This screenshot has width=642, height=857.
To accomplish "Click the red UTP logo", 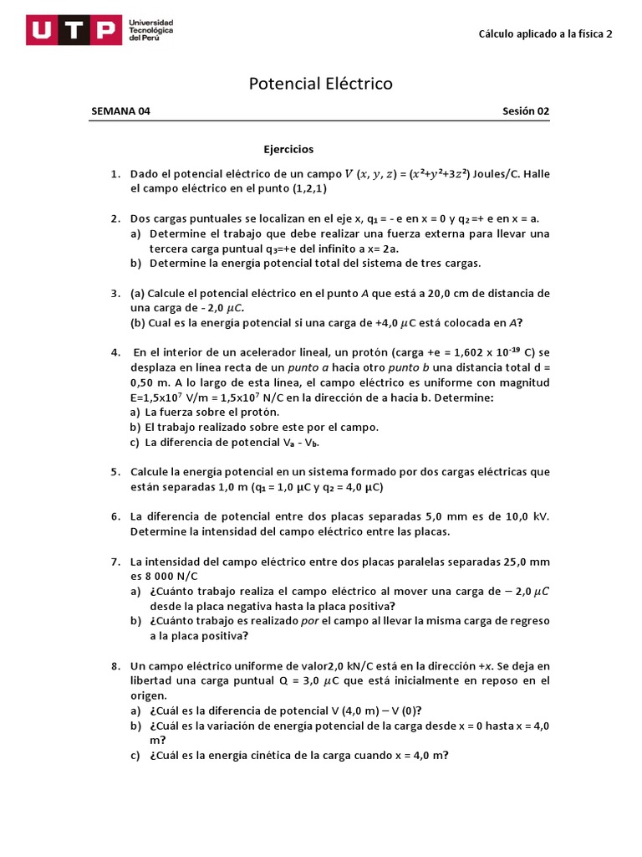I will [73, 31].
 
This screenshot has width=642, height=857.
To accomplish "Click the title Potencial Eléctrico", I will [321, 84].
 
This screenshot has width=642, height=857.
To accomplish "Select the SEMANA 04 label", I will [120, 111].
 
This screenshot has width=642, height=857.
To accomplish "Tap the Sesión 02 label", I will [526, 111].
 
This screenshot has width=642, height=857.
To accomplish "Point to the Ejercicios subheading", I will [288, 149].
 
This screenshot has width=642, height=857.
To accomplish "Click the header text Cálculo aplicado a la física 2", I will [545, 34].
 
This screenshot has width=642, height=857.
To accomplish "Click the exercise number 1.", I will [114, 174].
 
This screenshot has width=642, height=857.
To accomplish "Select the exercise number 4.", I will [114, 352].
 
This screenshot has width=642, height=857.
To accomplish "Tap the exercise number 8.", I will [114, 666].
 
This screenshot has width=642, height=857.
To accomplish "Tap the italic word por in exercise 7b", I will [310, 621].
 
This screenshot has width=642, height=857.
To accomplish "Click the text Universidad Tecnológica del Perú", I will [151, 31].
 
